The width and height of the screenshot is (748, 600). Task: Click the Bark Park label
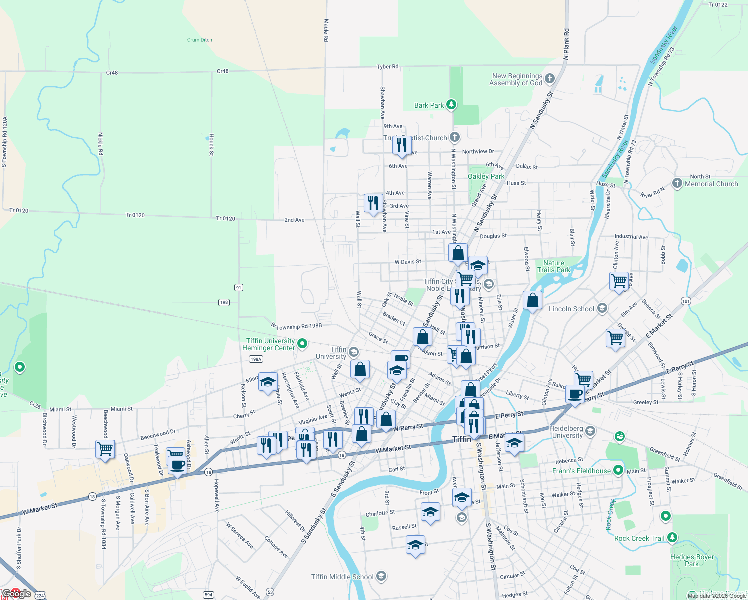point(429,105)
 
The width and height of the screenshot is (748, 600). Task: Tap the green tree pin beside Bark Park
point(451,104)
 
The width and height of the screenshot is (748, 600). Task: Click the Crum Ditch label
point(200,40)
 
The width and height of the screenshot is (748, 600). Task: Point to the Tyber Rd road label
point(387,66)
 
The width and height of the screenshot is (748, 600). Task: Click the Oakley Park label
point(486,176)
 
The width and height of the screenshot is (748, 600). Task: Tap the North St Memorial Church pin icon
point(677,183)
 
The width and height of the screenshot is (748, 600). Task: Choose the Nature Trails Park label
point(554,266)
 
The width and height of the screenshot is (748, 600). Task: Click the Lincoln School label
point(571,309)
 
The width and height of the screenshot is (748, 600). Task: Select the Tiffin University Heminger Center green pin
point(302,344)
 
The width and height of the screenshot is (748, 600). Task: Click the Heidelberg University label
point(566,432)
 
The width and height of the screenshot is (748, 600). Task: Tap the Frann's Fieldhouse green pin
point(618,470)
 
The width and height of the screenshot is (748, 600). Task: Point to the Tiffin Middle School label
point(342,577)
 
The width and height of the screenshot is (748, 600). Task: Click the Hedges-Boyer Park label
point(692,560)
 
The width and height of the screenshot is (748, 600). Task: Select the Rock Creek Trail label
point(639,538)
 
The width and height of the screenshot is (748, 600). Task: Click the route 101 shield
point(686,301)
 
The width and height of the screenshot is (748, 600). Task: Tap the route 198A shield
point(256,359)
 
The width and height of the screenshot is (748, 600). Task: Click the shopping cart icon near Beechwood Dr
point(105,449)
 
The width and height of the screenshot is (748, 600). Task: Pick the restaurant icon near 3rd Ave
point(373,203)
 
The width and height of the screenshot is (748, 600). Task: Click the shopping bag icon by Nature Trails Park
point(532,300)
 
